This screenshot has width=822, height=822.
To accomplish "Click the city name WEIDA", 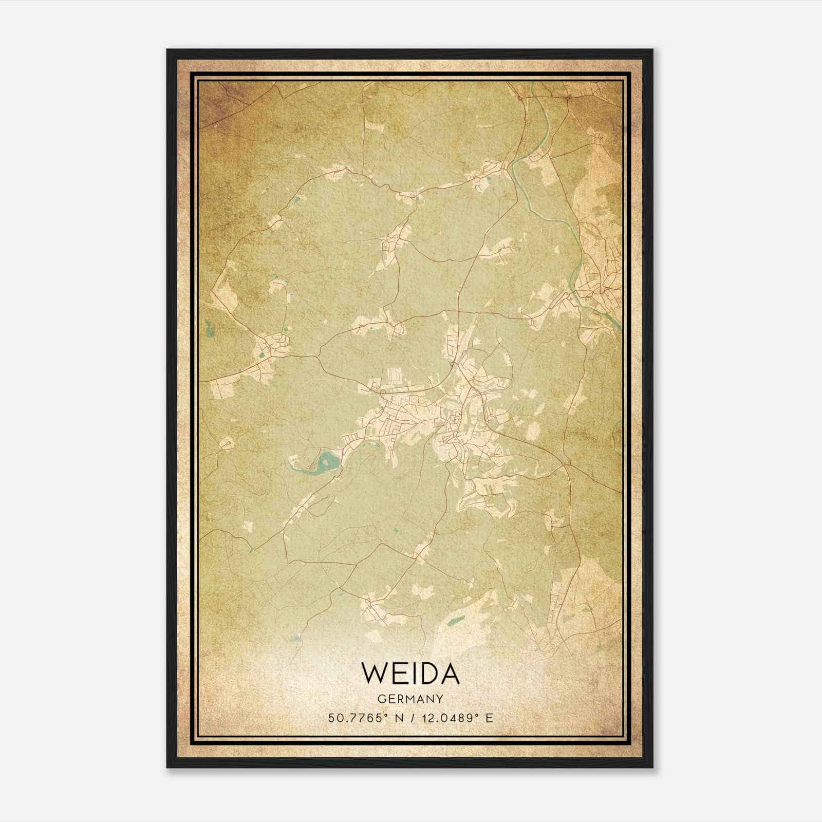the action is (x=410, y=672).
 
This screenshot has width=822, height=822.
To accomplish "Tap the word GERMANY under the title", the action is (x=410, y=699).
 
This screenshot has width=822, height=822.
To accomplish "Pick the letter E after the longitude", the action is (x=489, y=718).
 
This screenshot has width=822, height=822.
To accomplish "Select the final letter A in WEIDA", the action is (x=449, y=672).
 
